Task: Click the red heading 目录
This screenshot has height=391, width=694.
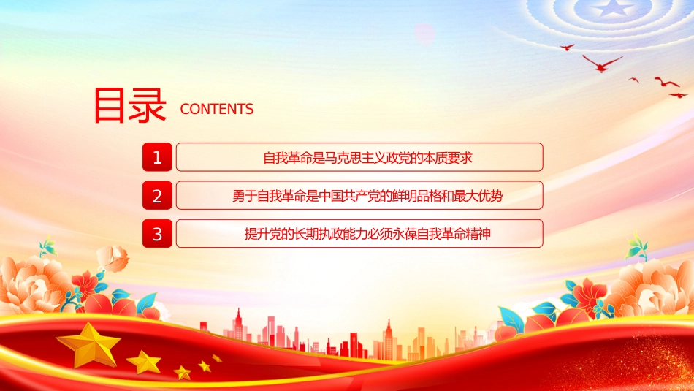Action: pos(130,105)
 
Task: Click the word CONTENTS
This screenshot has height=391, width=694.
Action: pos(217,109)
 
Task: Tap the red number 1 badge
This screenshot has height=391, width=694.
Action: pos(157,157)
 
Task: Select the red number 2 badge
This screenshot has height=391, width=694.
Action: pos(157,195)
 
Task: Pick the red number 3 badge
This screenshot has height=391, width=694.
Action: pos(157,233)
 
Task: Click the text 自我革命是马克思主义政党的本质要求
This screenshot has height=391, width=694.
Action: pos(367,158)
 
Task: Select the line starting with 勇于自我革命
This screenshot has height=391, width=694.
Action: pos(367,196)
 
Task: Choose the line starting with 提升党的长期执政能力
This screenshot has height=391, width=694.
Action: pos(367,234)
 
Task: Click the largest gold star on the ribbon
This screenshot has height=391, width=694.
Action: pos(89,344)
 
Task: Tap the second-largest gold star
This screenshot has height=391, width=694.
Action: pos(144,362)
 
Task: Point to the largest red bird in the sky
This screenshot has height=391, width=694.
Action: pos(602,64)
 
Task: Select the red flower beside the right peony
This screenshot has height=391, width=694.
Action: pos(590,295)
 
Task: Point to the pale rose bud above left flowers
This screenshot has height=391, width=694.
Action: pos(113,258)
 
